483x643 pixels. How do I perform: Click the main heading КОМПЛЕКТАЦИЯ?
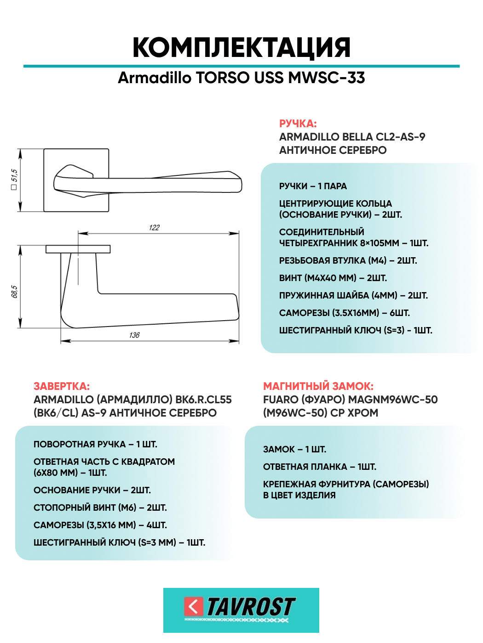tap(241, 47)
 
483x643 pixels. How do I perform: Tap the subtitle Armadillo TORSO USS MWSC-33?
tap(241, 78)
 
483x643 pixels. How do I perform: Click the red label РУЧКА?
tap(298, 124)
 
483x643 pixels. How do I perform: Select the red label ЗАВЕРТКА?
tap(62, 386)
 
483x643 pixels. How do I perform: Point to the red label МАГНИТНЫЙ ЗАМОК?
tap(318, 386)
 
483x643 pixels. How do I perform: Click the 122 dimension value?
tap(154, 228)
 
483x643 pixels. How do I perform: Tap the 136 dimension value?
tap(134, 335)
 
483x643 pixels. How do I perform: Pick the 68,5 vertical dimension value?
tap(14, 292)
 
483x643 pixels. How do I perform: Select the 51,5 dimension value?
tap(14, 176)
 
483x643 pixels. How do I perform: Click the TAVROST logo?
tap(241, 610)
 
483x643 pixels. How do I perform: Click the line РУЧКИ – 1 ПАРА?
tap(313, 186)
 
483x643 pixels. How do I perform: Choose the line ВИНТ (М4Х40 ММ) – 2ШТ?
tap(333, 278)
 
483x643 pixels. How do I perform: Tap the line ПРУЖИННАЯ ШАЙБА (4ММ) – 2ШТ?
tap(353, 295)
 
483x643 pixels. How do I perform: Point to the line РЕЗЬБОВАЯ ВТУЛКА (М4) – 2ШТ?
tap(348, 260)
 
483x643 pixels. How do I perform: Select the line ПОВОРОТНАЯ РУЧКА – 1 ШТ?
tap(95, 444)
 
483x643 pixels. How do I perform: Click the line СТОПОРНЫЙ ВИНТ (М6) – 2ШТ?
tap(100, 508)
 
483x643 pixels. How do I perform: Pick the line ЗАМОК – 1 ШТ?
tap(294, 449)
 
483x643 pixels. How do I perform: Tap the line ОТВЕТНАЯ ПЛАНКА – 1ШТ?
tap(320, 467)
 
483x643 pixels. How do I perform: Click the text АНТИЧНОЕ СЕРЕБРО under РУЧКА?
tap(333, 150)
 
